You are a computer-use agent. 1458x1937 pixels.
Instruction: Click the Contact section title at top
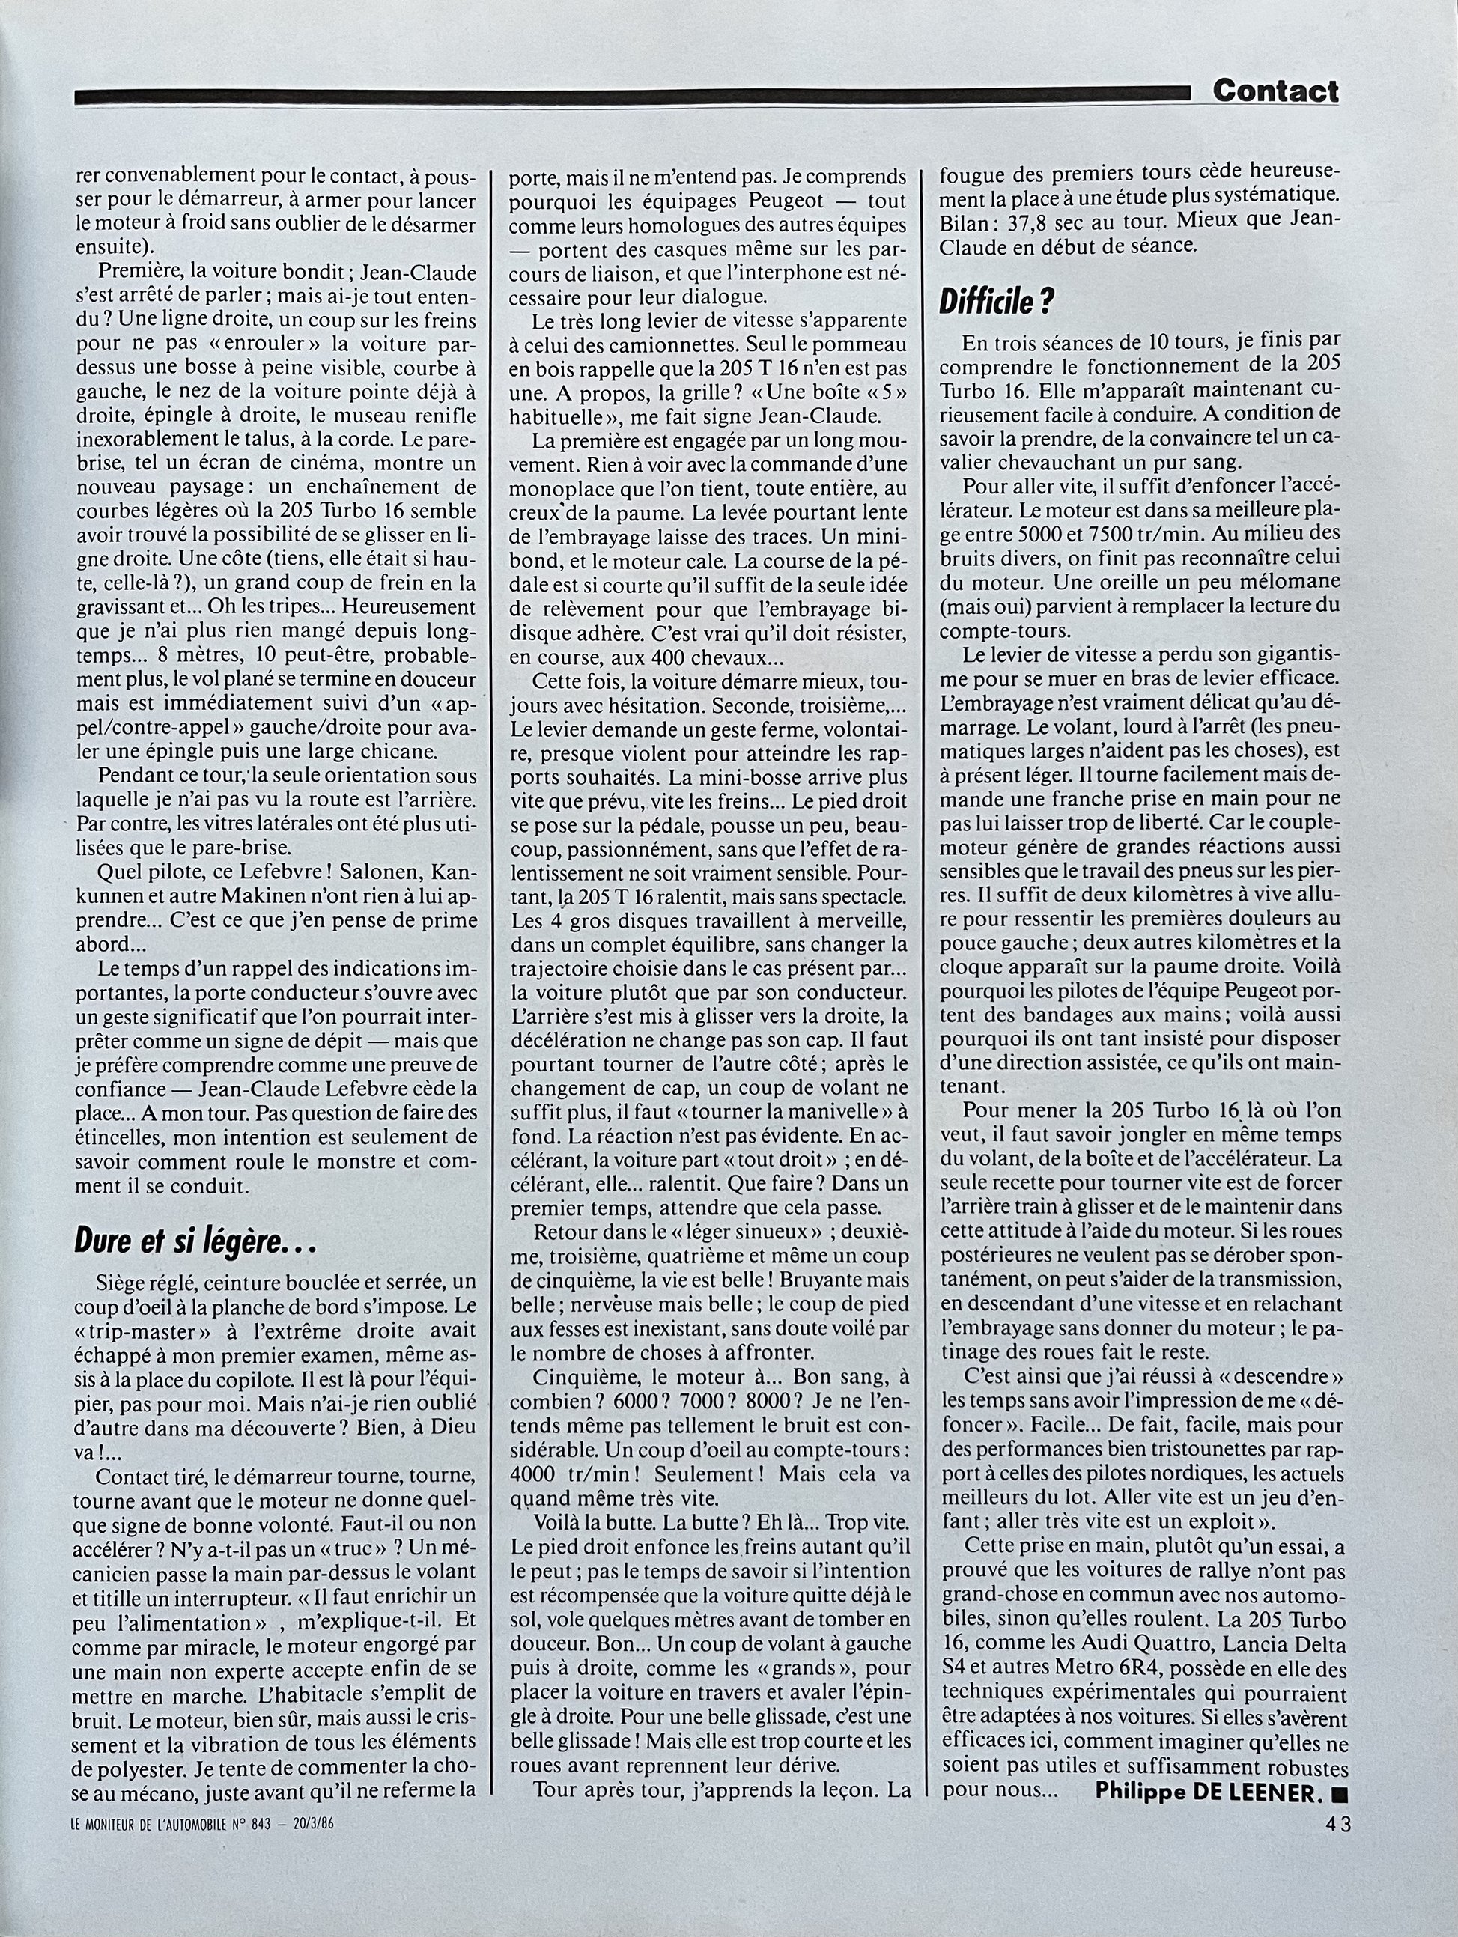coord(1275,91)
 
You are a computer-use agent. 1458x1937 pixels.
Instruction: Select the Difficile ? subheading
coord(997,302)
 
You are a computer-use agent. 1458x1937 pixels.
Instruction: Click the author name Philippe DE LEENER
coord(1206,1885)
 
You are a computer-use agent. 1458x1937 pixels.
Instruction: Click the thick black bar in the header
coord(631,97)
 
